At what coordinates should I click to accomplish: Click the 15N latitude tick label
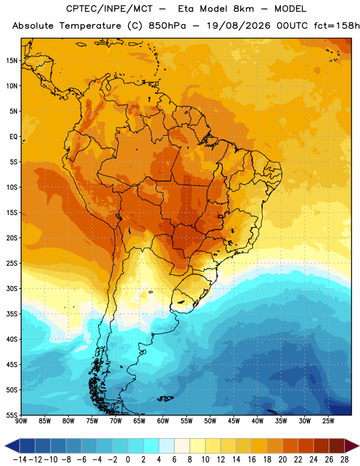pos(12,61)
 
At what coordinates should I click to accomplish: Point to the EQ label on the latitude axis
pos(13,137)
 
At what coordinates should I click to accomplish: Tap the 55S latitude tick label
pos(12,415)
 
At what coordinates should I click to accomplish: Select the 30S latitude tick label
pos(12,288)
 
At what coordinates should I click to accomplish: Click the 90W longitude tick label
pos(21,421)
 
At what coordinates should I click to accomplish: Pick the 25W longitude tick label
pos(328,421)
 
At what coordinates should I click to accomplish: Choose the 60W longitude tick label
pos(163,421)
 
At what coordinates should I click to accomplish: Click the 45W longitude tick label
pos(234,421)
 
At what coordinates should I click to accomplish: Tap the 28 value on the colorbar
pos(344,460)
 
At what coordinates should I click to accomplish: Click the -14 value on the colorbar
pos(20,460)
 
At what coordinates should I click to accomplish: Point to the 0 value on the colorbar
pos(128,460)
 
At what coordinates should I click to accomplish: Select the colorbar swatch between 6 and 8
pos(182,446)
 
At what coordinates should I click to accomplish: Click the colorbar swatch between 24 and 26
pos(322,446)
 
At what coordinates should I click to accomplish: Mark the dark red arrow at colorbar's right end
pos(351,446)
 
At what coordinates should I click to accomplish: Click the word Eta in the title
pos(185,9)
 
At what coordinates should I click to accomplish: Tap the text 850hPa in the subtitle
pos(167,26)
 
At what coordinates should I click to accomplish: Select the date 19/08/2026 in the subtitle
pos(238,26)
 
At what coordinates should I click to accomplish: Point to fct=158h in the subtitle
pos(337,26)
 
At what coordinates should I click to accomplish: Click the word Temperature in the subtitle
pos(90,26)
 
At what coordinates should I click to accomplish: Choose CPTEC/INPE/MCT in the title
pos(110,9)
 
